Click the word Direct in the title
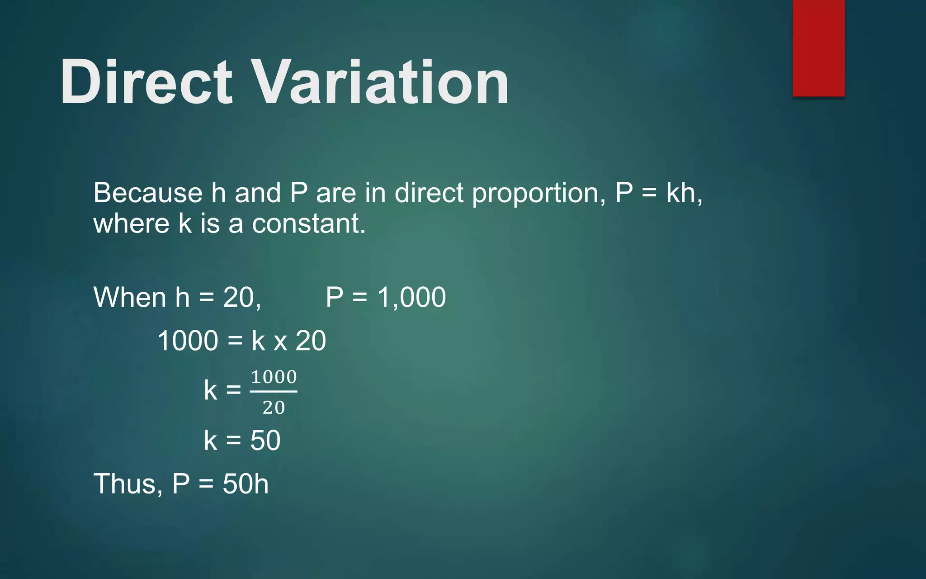click(x=146, y=82)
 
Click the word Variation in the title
click(x=380, y=82)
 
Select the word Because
click(x=147, y=193)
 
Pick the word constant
click(x=308, y=223)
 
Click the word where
click(x=131, y=223)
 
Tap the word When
click(x=130, y=297)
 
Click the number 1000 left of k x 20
click(x=188, y=341)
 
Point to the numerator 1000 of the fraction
click(x=274, y=377)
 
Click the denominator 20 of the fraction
click(x=274, y=408)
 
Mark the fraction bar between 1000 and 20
click(x=274, y=392)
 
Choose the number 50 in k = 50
click(x=265, y=441)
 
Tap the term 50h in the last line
click(x=246, y=484)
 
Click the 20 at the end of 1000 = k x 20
click(x=311, y=341)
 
